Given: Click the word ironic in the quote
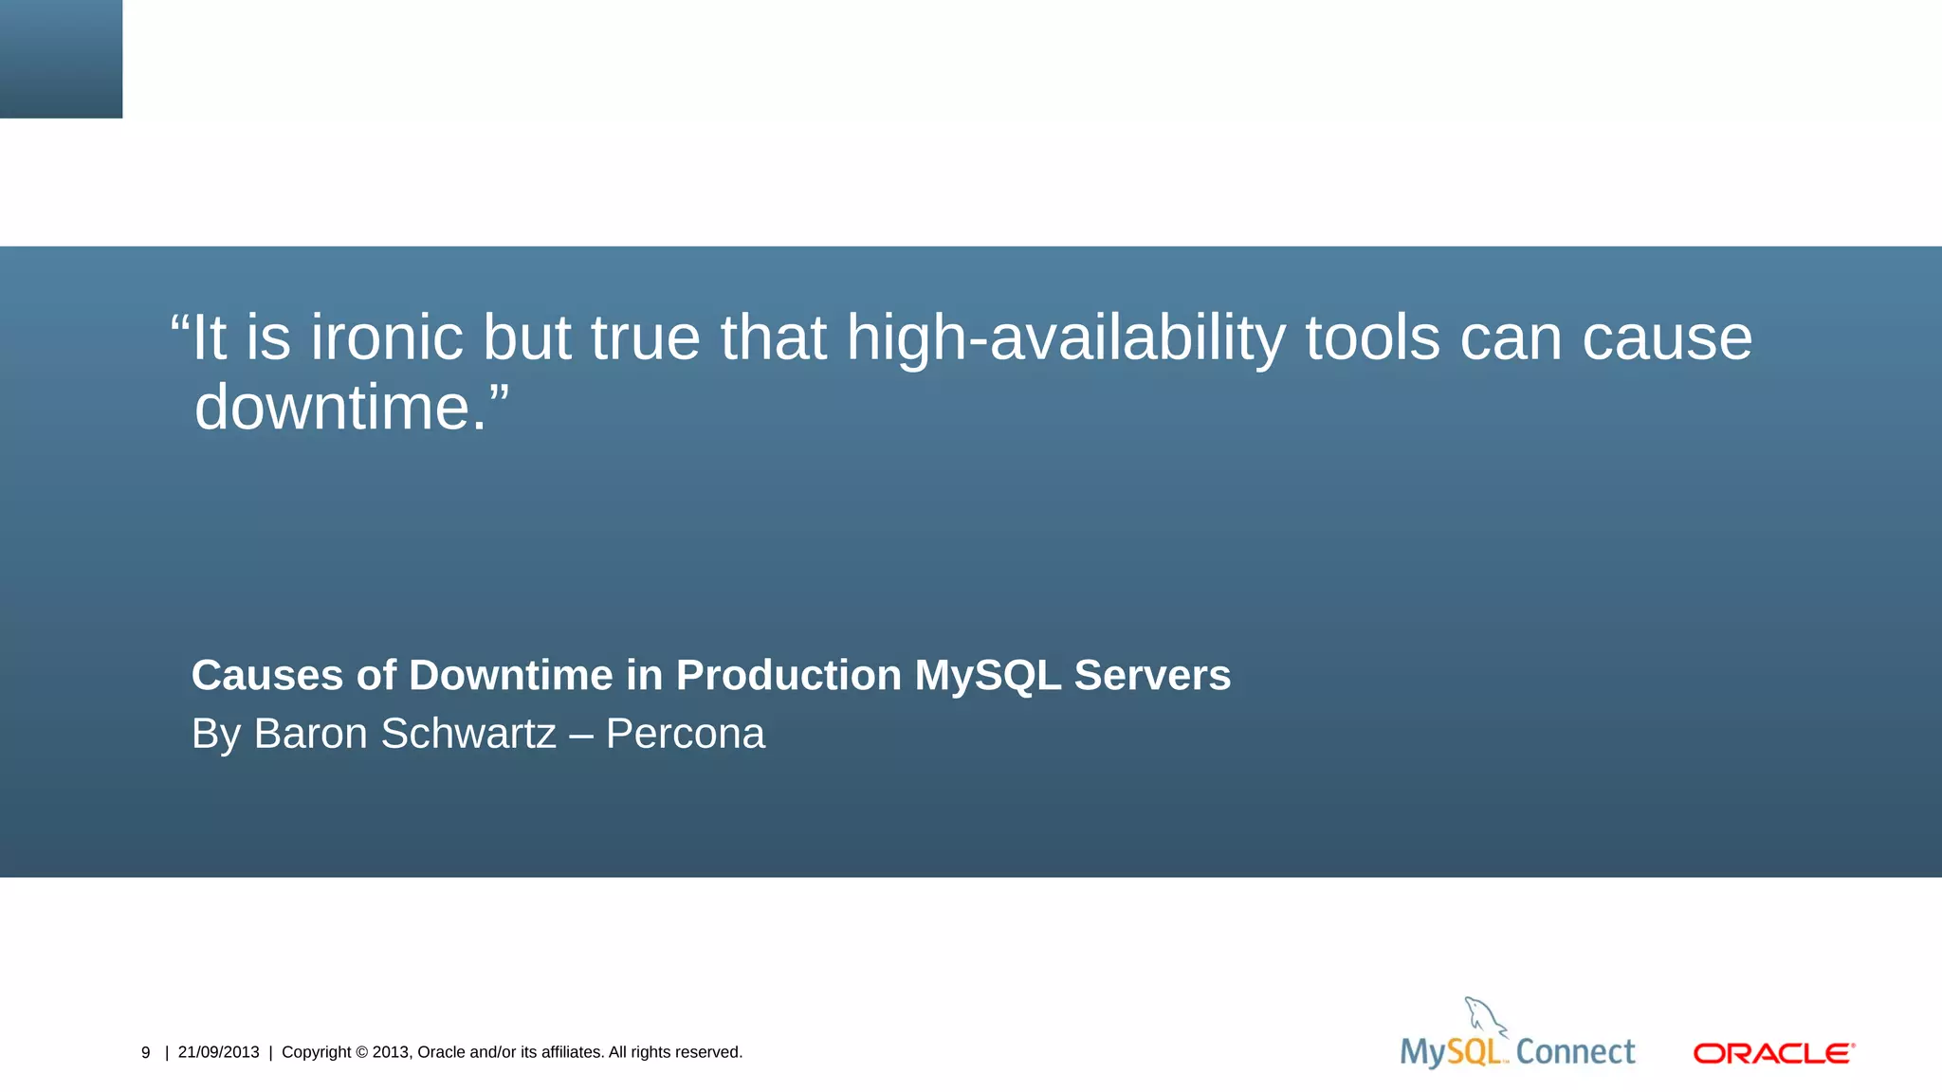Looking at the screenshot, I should [x=387, y=337].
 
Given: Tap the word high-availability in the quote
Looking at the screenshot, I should [x=1066, y=339].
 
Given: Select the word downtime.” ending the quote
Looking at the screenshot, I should [x=351, y=408].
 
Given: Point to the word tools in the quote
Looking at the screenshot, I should [x=1372, y=337].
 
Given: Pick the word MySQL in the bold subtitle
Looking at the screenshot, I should [x=987, y=676].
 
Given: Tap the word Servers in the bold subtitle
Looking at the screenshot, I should [x=1152, y=676].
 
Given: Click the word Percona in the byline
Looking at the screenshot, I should [x=685, y=734].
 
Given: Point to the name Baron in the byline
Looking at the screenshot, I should [x=310, y=734].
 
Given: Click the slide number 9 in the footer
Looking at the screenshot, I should [x=146, y=1052].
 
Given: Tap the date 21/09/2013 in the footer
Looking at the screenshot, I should [x=218, y=1052].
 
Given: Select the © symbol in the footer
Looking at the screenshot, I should [x=361, y=1052].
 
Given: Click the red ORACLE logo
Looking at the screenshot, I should [x=1773, y=1053].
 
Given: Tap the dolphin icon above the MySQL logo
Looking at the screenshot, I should [x=1483, y=1016].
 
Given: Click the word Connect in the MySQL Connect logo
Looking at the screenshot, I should [x=1575, y=1051].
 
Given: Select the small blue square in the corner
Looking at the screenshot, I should [x=61, y=59].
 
